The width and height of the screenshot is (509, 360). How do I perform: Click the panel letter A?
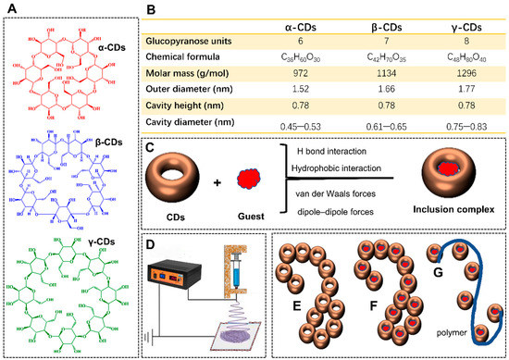point(13,12)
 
